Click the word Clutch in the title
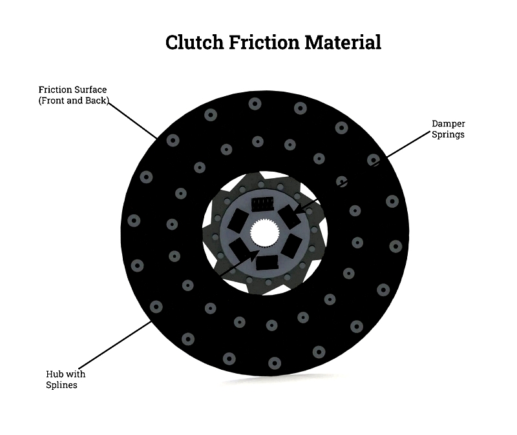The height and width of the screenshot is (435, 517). click(x=195, y=43)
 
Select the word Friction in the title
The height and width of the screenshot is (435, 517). click(x=264, y=43)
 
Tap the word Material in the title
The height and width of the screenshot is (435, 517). click(x=343, y=43)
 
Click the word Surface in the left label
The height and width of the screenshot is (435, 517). click(x=90, y=90)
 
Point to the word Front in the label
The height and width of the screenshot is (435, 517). click(x=52, y=101)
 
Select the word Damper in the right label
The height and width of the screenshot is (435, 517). click(x=448, y=124)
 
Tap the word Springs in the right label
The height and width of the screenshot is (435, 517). click(x=448, y=135)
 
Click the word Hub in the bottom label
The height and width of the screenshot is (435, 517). click(x=54, y=374)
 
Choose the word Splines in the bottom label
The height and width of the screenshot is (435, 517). click(x=61, y=385)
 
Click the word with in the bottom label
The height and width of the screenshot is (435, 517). click(x=76, y=374)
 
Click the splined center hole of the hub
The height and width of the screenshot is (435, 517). click(x=265, y=233)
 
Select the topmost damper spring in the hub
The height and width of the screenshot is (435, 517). click(x=262, y=204)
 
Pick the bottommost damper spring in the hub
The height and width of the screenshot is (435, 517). click(x=267, y=263)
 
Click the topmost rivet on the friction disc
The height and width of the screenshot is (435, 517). click(x=255, y=104)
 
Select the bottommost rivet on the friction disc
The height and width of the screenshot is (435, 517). click(x=274, y=363)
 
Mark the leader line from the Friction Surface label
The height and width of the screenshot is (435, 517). click(x=132, y=121)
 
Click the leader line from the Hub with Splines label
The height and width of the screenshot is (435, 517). click(x=115, y=345)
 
